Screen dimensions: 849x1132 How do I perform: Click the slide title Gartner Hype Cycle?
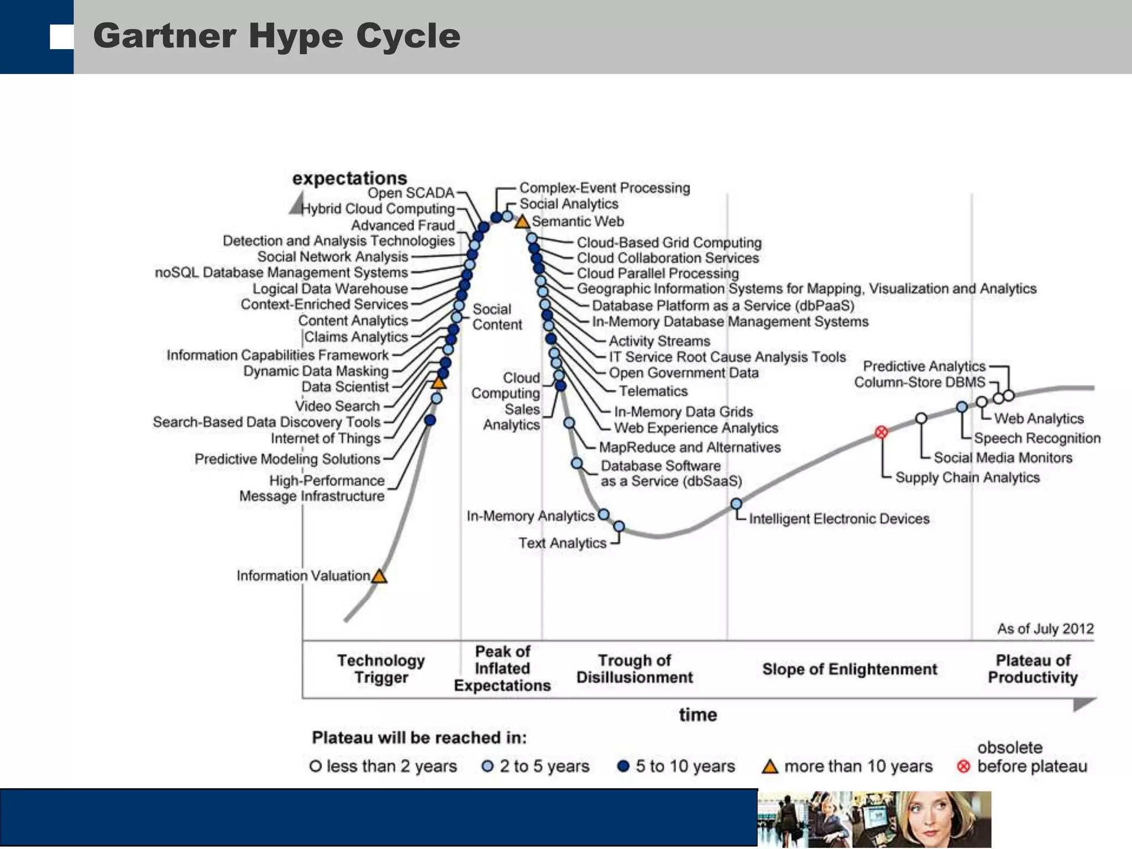(x=276, y=36)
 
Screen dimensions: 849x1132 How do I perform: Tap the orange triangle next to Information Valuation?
(x=379, y=577)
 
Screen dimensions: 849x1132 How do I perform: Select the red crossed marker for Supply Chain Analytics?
(x=882, y=432)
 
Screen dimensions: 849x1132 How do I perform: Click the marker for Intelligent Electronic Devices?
(x=736, y=504)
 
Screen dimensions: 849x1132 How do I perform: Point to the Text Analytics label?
(x=562, y=543)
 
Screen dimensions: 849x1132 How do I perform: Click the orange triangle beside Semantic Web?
(x=522, y=222)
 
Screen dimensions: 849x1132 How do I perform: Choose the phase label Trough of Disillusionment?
(x=635, y=669)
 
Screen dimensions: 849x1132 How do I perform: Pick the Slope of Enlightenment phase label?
(x=850, y=669)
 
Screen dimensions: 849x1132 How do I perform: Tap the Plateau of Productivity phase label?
(x=1033, y=669)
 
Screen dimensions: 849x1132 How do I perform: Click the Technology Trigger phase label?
(x=381, y=669)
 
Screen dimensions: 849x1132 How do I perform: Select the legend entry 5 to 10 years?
(x=677, y=766)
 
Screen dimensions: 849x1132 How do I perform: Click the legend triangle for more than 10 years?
(x=770, y=767)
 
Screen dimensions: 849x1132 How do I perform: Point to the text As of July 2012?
(x=1045, y=629)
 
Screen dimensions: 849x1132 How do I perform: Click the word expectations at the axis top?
(x=349, y=178)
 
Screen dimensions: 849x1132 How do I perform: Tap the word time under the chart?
(x=698, y=715)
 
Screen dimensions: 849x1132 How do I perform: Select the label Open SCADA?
(x=411, y=193)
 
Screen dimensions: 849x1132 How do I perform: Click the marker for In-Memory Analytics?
(x=604, y=515)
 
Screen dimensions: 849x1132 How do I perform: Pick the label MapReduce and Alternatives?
(x=690, y=447)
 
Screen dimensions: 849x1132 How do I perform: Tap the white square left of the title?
(x=61, y=37)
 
